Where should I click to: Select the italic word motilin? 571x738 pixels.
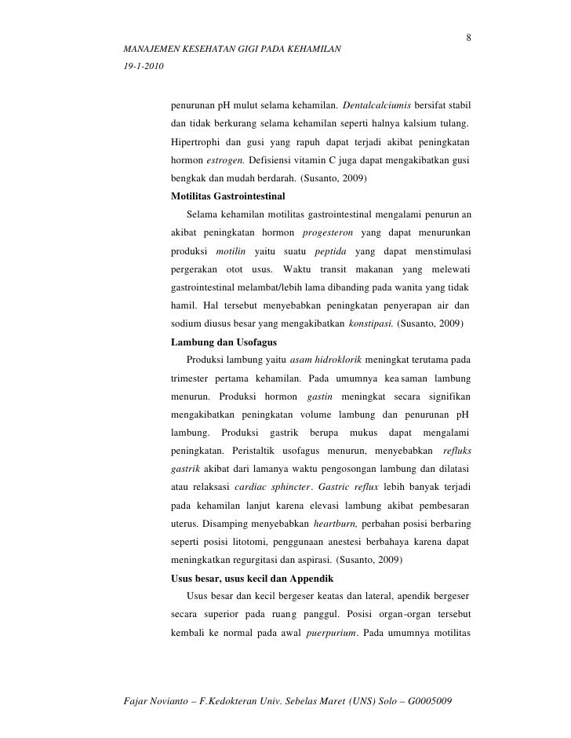(231, 250)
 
